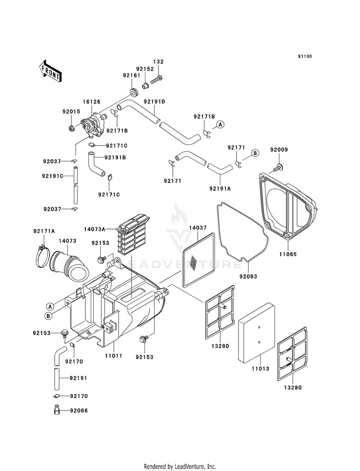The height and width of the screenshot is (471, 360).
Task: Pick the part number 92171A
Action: pos(44,231)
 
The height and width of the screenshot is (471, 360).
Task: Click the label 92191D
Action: pos(154,102)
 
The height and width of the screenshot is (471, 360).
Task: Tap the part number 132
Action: pos(158,62)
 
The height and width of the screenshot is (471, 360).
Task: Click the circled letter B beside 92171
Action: pos(255,153)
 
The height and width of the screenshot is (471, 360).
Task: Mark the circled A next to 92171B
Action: pos(220,124)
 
